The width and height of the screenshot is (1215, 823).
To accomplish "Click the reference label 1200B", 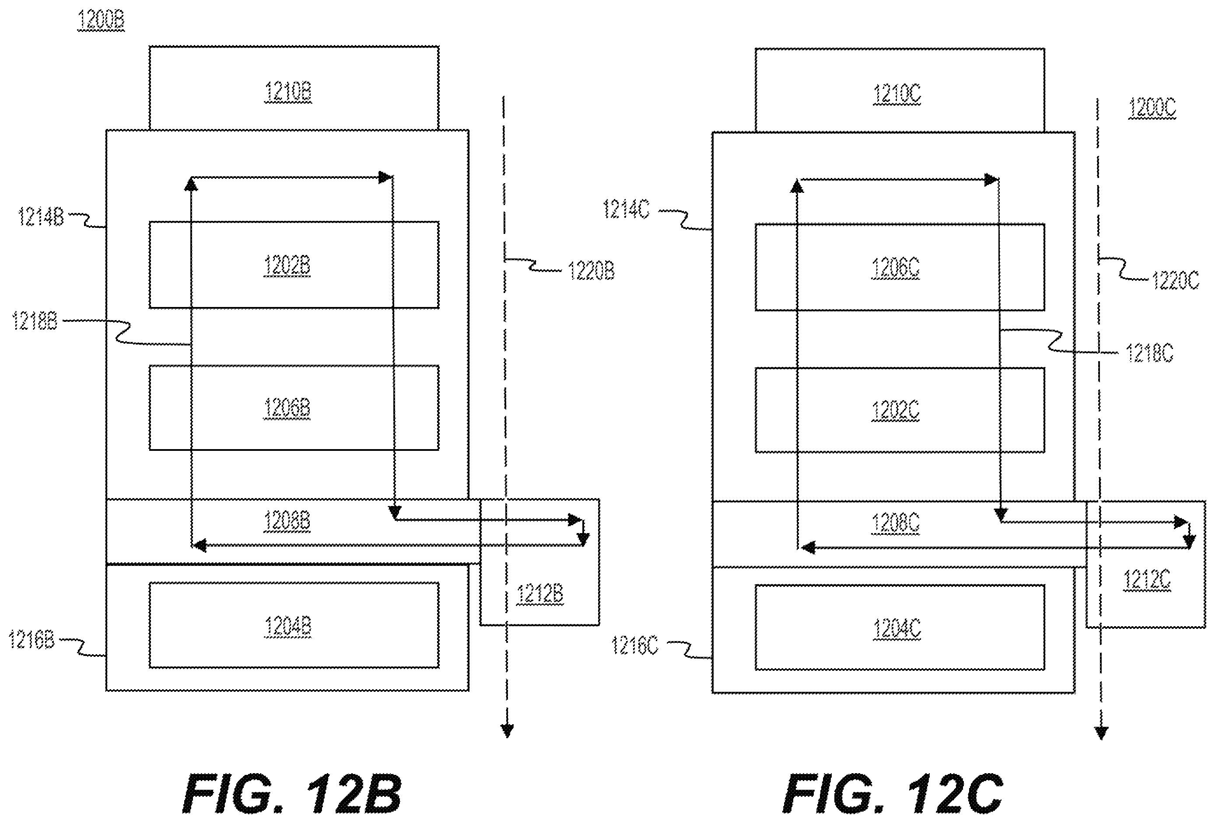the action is pos(101,21).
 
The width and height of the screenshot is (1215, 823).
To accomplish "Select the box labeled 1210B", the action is pos(294,88).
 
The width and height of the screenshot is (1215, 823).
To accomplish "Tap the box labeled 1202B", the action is pos(294,265).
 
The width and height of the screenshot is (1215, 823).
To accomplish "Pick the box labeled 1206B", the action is pos(294,408).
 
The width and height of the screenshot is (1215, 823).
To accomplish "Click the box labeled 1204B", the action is pos(294,625).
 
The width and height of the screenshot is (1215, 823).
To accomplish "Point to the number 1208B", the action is pos(287,520).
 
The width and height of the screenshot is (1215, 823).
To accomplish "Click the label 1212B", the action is pos(540,594).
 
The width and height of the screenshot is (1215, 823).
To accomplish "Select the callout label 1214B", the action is pos(41,216).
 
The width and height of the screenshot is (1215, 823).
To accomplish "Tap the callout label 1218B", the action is pos(35,321).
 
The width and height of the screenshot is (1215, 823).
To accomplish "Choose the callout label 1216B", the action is pos(32,640).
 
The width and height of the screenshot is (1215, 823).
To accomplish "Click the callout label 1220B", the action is pos(591,271).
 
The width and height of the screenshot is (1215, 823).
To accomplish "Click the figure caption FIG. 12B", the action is pos(292,794).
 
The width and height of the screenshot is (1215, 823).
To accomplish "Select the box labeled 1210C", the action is pos(900,91).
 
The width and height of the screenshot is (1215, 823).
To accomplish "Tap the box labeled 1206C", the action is pos(900,267).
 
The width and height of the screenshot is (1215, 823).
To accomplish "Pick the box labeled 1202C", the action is pos(900,410).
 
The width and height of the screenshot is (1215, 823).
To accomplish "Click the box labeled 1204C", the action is pos(900,627).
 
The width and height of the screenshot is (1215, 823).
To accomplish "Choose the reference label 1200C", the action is pos(1152,108).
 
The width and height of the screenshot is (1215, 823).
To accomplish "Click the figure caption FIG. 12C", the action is pos(893,794).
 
